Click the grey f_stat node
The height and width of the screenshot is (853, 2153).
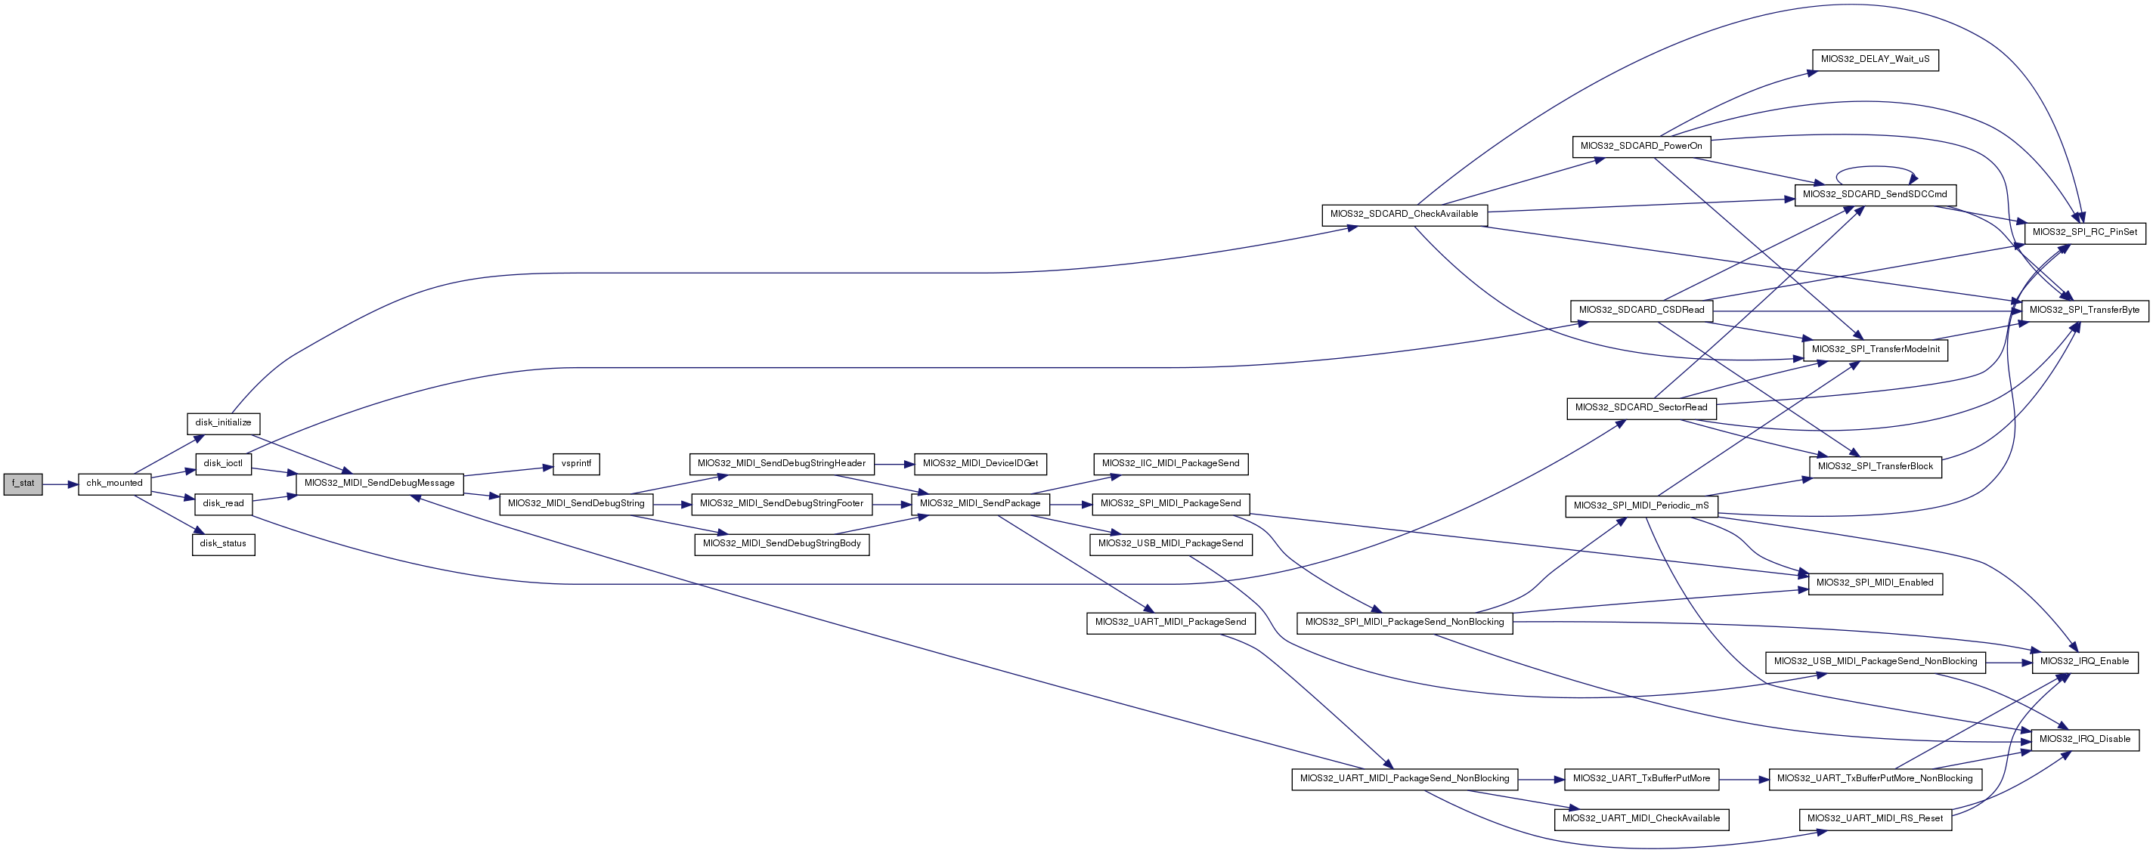tap(23, 484)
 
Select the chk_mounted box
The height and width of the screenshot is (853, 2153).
tap(114, 484)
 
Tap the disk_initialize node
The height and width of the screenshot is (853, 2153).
tap(223, 423)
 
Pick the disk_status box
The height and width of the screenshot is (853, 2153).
tap(223, 544)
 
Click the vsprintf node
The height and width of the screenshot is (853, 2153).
tap(576, 464)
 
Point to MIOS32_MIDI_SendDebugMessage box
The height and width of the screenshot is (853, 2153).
tap(379, 484)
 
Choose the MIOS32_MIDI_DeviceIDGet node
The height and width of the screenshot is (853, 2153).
tap(980, 464)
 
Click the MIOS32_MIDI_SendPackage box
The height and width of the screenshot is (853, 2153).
tap(980, 504)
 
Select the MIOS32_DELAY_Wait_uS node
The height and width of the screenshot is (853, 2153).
tap(1875, 60)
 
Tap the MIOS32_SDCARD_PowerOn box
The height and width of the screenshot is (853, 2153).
tap(1641, 147)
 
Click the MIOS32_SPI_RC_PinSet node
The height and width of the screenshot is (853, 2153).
tap(2084, 232)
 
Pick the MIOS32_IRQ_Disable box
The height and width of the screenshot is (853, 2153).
tap(2085, 740)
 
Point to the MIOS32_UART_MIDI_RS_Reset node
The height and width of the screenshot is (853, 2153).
tap(1876, 819)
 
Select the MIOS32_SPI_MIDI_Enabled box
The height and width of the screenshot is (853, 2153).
tap(1875, 583)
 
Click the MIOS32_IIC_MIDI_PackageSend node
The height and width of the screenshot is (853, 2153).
tap(1171, 464)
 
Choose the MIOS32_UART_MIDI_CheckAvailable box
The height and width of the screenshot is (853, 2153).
tap(1641, 819)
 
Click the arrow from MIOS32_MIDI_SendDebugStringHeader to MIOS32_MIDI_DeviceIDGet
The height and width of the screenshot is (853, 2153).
tap(894, 464)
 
